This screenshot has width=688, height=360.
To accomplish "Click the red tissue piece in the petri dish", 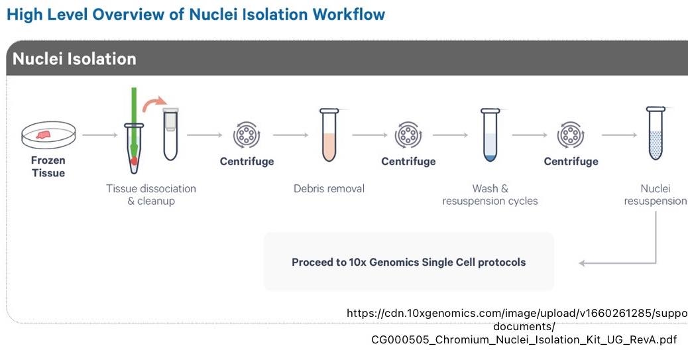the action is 44,135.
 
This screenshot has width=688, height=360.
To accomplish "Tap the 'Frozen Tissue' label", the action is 48,167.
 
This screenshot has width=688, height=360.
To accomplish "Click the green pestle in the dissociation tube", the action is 134,123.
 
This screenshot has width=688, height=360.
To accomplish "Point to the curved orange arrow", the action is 154,103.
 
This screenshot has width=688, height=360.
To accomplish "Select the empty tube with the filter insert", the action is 171,134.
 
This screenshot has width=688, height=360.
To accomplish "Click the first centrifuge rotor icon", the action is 247,135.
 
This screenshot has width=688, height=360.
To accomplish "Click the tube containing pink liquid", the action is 329,135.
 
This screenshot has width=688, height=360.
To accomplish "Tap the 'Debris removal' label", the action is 329,189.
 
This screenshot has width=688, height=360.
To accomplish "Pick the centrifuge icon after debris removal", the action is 408,135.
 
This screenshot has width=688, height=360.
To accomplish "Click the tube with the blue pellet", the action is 490,135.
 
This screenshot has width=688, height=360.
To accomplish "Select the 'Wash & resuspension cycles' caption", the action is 490,195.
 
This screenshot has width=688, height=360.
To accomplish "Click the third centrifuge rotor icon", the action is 571,135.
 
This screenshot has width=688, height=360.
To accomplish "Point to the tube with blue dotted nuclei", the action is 656,133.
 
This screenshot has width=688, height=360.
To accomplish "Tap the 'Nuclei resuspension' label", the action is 656,195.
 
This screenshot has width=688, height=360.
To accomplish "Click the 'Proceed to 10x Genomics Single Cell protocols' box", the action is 408,262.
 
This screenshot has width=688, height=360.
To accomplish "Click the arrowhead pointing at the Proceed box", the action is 582,263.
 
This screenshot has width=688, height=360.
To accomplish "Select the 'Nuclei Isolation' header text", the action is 74,59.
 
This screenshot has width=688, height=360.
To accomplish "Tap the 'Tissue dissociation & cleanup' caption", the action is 151,195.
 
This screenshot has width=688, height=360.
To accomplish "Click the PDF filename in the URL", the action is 524,340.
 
